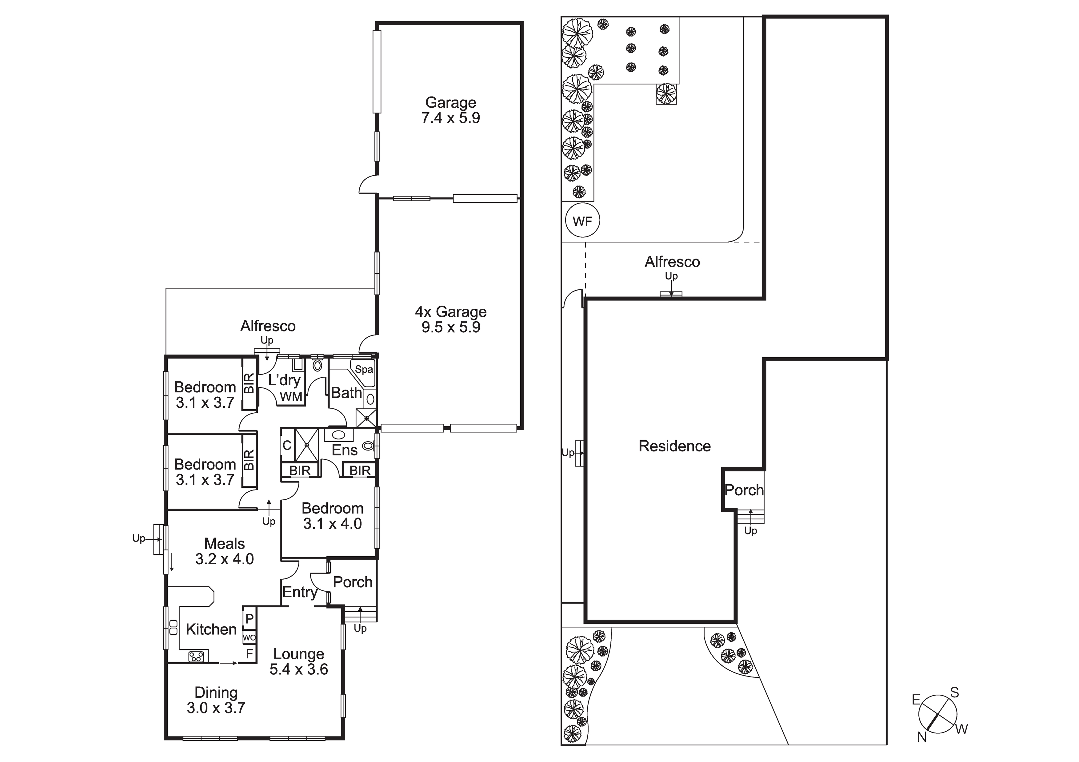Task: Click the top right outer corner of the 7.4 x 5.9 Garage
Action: [x=523, y=22]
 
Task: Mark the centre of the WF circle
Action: [x=583, y=220]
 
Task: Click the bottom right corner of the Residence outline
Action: [x=735, y=621]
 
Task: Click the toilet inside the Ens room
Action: [x=369, y=445]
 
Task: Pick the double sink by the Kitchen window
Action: [x=173, y=628]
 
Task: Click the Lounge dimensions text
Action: [x=299, y=669]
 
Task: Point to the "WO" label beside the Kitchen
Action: [x=250, y=637]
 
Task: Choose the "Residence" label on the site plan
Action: [x=674, y=446]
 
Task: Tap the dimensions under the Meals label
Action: [x=225, y=559]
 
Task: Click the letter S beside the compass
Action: [x=954, y=693]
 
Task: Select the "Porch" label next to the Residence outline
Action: [x=744, y=490]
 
